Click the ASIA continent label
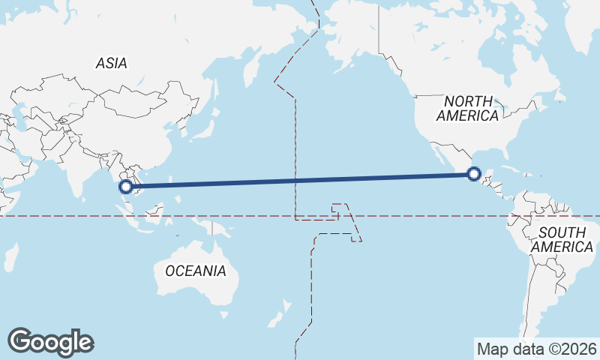click(111, 64)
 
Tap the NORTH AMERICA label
click(468, 109)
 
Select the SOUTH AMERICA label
click(561, 239)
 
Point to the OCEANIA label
click(195, 271)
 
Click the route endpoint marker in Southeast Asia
click(127, 186)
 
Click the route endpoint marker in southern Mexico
click(473, 174)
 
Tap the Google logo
click(51, 342)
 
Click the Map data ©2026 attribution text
click(536, 349)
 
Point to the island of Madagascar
click(10, 255)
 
